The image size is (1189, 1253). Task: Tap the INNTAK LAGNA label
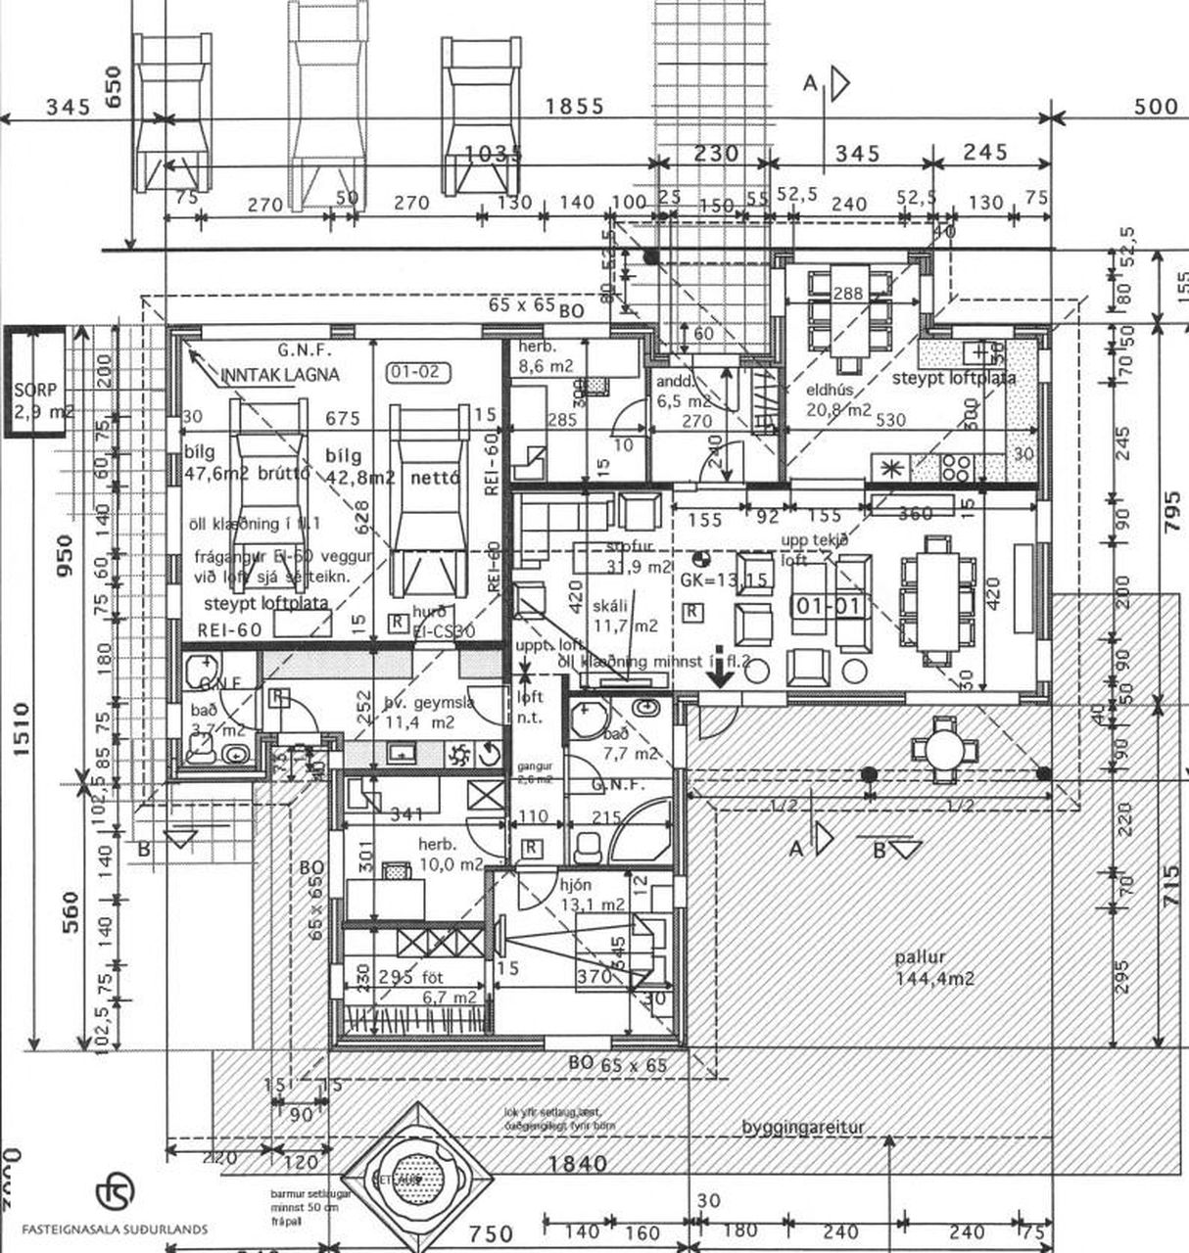point(280,375)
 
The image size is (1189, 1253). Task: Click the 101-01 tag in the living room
point(829,606)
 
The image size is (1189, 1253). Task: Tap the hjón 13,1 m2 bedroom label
point(592,895)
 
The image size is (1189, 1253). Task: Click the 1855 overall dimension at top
point(575,107)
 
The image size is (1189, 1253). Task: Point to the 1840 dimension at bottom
point(578,1163)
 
